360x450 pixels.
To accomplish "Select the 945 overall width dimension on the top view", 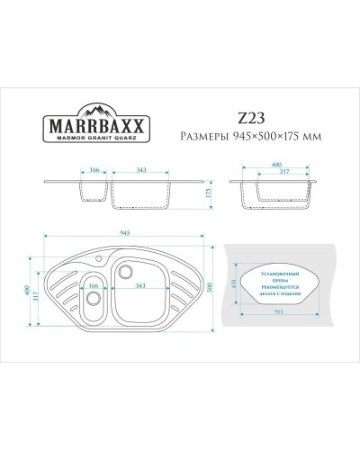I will pos(125,233).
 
